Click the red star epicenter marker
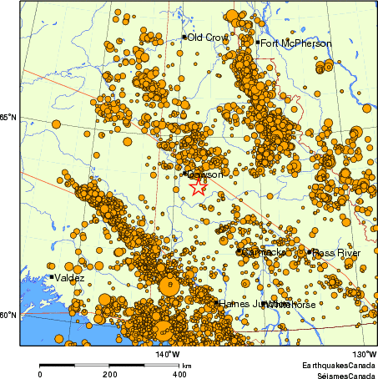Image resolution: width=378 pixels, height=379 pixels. pyautogui.click(x=198, y=187)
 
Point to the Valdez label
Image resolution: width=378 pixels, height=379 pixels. pyautogui.click(x=69, y=277)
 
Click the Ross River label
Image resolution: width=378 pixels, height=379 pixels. pyautogui.click(x=336, y=252)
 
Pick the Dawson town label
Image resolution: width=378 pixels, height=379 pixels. pyautogui.click(x=205, y=174)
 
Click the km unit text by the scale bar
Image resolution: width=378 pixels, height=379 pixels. pyautogui.click(x=188, y=366)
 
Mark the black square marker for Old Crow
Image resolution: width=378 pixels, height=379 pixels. pyautogui.click(x=184, y=37)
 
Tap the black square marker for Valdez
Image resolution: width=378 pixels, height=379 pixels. pyautogui.click(x=52, y=277)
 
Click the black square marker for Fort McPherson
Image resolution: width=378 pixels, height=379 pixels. pyautogui.click(x=260, y=43)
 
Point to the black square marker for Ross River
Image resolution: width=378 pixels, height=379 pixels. pyautogui.click(x=310, y=251)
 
